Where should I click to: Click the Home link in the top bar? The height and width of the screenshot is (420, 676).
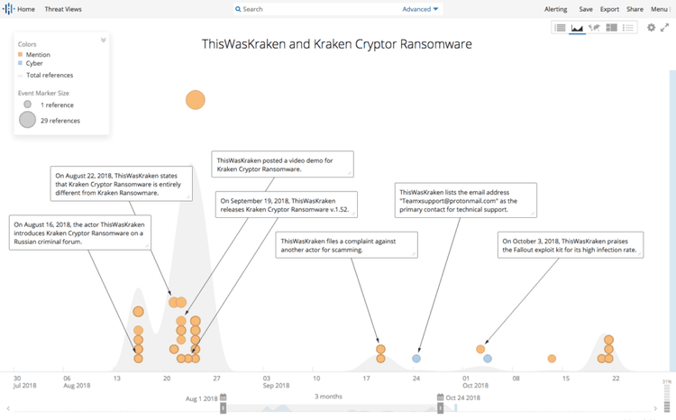[25, 9]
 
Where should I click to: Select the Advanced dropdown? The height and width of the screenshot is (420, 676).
[420, 9]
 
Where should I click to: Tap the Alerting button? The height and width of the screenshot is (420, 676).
[556, 9]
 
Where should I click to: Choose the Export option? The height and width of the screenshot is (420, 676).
[609, 9]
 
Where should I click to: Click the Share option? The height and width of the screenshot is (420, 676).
[635, 9]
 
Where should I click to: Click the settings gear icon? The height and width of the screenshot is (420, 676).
[652, 28]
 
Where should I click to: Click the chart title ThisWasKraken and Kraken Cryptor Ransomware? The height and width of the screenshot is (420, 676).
[336, 44]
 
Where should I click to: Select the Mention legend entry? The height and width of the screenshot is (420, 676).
[38, 55]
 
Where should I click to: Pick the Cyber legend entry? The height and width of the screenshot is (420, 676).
[34, 64]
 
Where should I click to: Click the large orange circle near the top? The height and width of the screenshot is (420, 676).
[196, 100]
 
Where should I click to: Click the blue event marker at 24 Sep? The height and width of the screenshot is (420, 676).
[416, 359]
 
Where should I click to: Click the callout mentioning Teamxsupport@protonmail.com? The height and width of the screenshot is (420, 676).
[465, 200]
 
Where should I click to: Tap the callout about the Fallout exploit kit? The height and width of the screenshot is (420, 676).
[570, 244]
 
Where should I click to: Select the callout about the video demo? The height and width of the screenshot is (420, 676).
[282, 164]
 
